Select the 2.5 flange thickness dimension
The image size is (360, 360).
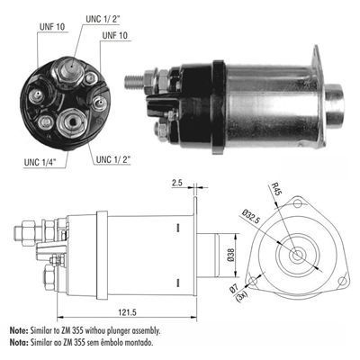click(176, 184)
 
